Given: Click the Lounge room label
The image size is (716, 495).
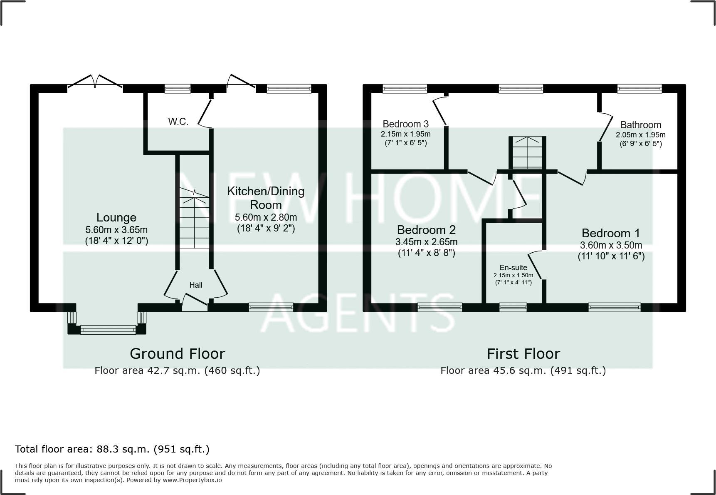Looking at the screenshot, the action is (x=116, y=217).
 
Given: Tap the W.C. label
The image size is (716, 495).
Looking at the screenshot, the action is (x=178, y=122).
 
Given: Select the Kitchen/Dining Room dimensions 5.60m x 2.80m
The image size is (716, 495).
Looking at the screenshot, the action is (x=266, y=217).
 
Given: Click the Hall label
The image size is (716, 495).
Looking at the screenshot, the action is (x=196, y=285).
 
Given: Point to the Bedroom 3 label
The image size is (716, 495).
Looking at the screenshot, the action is (x=405, y=124).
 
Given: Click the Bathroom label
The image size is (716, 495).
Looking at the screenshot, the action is (x=640, y=125).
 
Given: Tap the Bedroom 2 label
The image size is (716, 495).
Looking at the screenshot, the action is (x=426, y=230).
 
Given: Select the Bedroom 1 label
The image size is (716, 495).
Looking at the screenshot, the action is (x=610, y=233).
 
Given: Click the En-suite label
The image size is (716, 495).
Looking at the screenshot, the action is (x=513, y=268).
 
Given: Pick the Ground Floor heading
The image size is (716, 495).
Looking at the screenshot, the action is (x=178, y=354).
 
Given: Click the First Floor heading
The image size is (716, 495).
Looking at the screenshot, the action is (x=523, y=354).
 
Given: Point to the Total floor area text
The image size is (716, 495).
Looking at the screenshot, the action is (x=112, y=449).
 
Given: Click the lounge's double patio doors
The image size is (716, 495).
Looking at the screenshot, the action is (x=95, y=82).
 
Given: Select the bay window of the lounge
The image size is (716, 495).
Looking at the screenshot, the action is (x=108, y=330).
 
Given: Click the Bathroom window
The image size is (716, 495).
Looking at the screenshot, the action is (x=639, y=88).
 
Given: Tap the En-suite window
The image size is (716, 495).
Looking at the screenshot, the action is (x=513, y=308).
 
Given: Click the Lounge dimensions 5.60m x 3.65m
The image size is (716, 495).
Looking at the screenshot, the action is (x=116, y=230).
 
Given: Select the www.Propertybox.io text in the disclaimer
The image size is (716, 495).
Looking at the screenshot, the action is (x=192, y=480).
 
